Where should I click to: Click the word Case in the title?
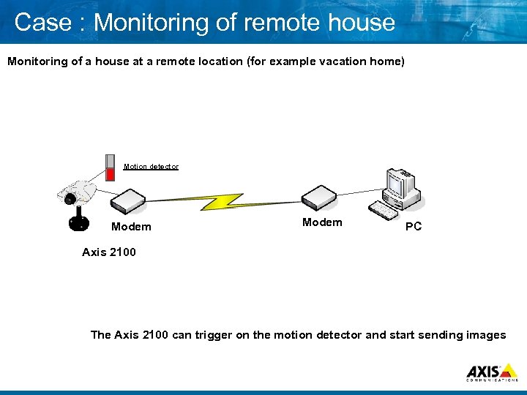click(36, 22)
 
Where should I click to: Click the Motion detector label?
click(151, 167)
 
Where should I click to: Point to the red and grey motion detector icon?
click(111, 168)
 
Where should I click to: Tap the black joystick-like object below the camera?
click(78, 219)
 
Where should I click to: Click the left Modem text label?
click(131, 227)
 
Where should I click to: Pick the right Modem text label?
click(322, 222)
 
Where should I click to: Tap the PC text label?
click(414, 227)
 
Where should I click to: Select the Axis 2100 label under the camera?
click(108, 252)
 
